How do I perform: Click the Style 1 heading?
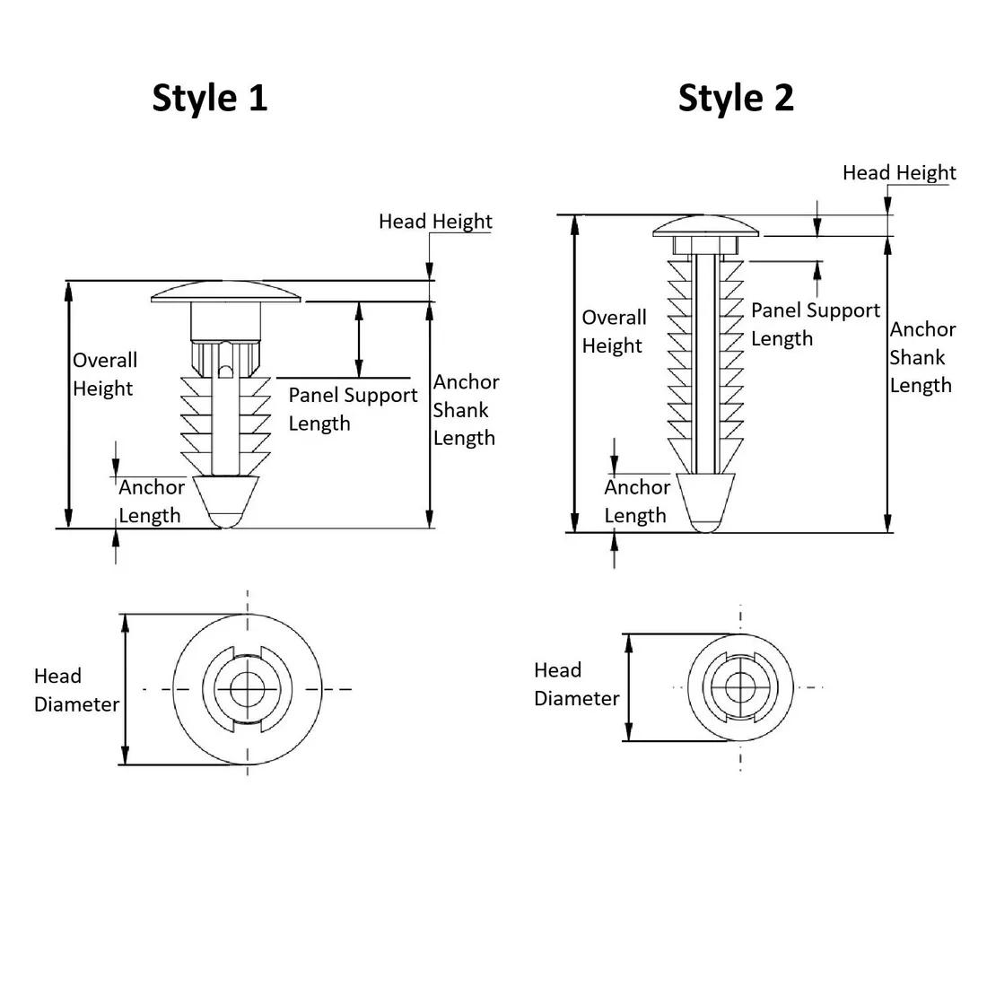tap(210, 97)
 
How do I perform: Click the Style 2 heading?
tap(736, 97)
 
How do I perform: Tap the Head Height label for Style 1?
tap(435, 221)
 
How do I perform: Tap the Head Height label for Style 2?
tap(899, 172)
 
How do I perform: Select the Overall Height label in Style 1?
tap(104, 374)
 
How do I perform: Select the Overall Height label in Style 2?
tap(614, 331)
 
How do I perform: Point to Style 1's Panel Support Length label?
tap(353, 408)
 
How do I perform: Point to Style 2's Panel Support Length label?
tap(815, 324)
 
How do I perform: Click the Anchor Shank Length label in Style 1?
tap(465, 409)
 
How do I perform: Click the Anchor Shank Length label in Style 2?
tap(922, 357)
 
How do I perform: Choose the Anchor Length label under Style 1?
tap(151, 501)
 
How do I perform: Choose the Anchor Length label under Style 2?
tap(636, 501)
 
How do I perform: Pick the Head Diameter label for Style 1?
tap(76, 690)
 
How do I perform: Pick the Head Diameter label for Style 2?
tap(576, 684)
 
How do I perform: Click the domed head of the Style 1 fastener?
tap(226, 292)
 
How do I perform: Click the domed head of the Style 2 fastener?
tap(706, 226)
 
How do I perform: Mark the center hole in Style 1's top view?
tap(247, 689)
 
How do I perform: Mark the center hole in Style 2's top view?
tap(740, 687)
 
